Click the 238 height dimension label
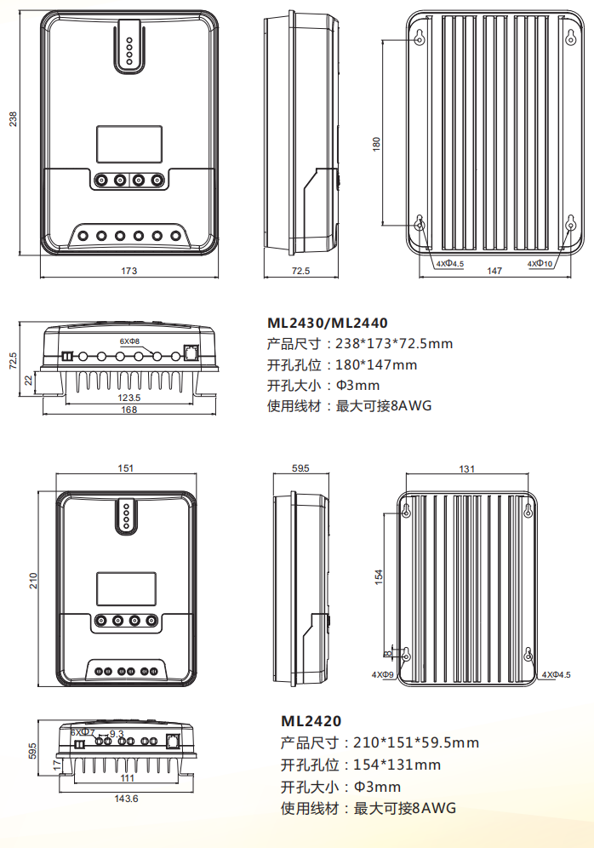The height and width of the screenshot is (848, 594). (x=13, y=120)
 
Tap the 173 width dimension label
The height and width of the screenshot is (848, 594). (x=129, y=271)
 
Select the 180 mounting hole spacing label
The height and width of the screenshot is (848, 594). (x=376, y=144)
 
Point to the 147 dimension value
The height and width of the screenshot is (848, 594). (x=494, y=271)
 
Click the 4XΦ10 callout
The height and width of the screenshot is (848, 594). (x=540, y=264)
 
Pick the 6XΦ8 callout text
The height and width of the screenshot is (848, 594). (x=129, y=341)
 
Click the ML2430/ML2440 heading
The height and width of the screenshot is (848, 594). (x=328, y=324)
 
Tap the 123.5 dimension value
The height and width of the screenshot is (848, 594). (x=129, y=398)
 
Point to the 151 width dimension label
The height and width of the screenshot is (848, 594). (x=124, y=469)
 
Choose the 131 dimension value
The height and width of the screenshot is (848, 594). (x=466, y=469)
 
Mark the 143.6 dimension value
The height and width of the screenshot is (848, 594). (x=125, y=799)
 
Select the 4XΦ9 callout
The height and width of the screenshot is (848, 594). (x=382, y=673)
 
